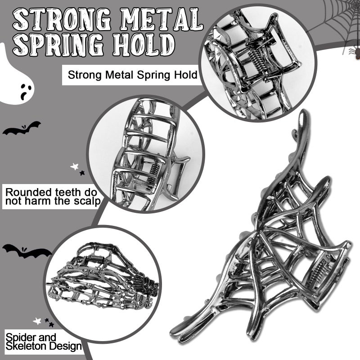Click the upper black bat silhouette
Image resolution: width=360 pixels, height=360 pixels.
pos(22,129)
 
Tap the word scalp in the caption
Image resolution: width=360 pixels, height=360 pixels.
pos(87,201)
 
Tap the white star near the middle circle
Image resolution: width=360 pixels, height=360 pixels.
pos(74,166)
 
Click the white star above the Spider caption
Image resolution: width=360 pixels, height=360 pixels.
pos(37,321)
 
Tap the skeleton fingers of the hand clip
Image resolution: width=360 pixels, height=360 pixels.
pos(144,289)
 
